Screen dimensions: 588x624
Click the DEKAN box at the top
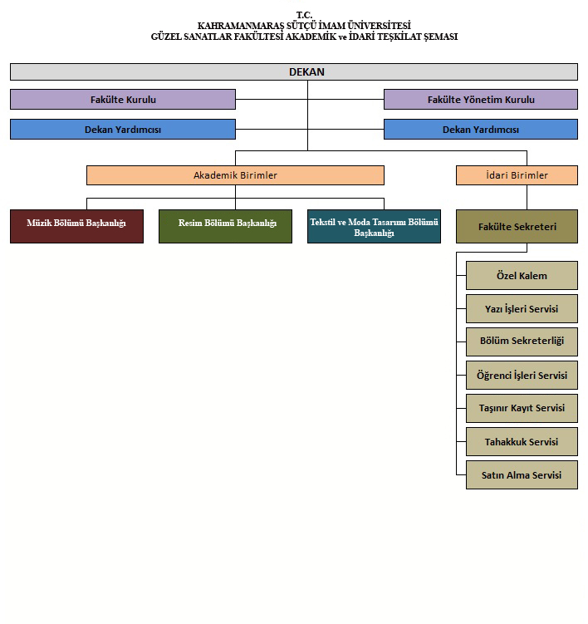(294, 72)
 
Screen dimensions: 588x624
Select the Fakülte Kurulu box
(123, 100)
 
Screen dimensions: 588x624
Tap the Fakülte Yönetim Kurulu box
(481, 100)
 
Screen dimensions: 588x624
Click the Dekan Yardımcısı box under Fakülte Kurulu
(123, 130)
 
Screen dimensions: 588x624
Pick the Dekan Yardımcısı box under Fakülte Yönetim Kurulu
(481, 130)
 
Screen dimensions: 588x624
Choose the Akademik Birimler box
(235, 175)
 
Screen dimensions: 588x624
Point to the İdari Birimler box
(517, 175)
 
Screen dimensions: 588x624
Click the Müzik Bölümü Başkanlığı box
(76, 227)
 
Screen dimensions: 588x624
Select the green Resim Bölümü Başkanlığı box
(225, 227)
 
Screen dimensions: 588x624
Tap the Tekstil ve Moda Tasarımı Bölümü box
(374, 227)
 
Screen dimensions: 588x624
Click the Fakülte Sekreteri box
(517, 227)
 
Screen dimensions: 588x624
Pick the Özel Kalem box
(522, 275)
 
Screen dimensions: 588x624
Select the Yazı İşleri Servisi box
(522, 309)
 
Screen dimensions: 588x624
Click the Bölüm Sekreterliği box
(522, 341)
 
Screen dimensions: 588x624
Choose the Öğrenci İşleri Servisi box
(522, 376)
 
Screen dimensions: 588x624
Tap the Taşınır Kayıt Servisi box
(522, 408)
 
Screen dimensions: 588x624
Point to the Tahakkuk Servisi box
(522, 442)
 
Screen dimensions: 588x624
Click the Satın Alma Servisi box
(522, 474)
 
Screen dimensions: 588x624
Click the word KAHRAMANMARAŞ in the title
(241, 27)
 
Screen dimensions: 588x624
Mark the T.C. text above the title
(304, 15)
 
